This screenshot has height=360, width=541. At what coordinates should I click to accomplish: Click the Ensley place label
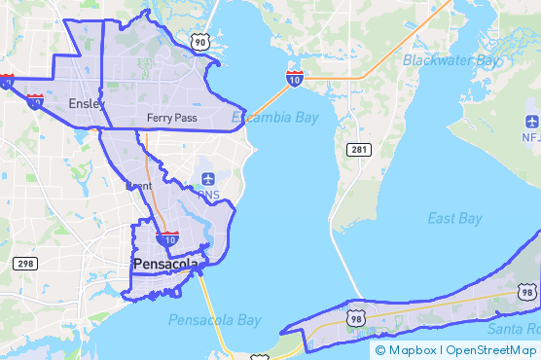[87, 103]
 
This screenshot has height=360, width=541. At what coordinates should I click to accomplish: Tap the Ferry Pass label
[172, 118]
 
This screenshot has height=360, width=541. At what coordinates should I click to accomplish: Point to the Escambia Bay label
[274, 118]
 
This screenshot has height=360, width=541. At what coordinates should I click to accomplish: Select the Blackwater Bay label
[450, 60]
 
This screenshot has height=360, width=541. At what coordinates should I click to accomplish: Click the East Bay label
[454, 219]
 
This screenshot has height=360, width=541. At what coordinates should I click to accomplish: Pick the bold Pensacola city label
[165, 264]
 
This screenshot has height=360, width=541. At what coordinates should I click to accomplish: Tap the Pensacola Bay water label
[214, 319]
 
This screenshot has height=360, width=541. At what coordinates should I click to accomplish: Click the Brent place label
[138, 185]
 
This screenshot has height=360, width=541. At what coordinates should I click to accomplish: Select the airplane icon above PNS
[208, 179]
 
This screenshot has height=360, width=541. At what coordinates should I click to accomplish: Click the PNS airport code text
[208, 194]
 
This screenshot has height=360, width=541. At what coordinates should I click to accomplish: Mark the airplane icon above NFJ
[531, 122]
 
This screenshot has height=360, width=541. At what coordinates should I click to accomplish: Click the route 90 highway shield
[199, 41]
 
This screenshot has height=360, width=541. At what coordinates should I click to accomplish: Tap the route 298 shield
[24, 264]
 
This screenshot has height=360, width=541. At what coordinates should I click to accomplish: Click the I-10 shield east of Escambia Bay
[294, 78]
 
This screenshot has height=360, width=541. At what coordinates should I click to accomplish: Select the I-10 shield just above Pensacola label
[167, 236]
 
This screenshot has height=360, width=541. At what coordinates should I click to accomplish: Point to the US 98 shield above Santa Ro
[526, 292]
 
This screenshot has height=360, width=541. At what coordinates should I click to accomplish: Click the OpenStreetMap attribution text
[490, 350]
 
